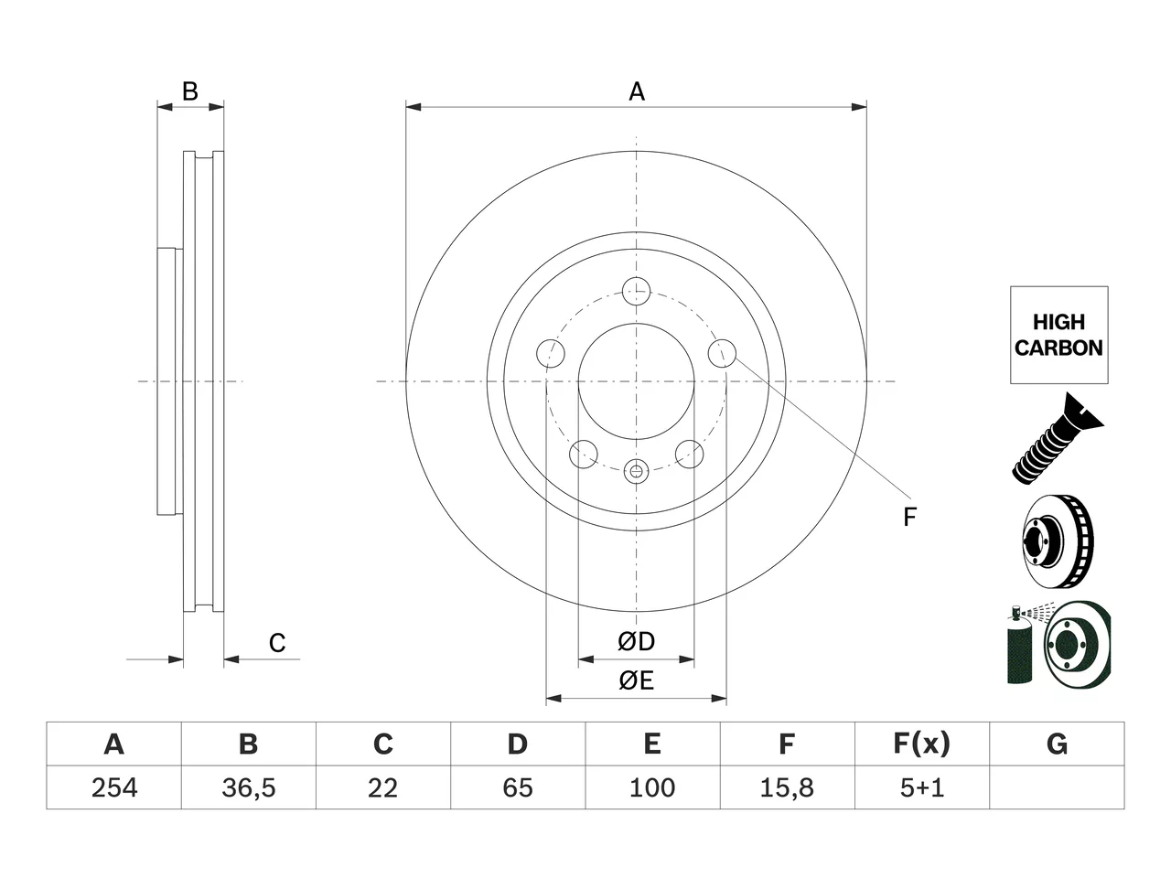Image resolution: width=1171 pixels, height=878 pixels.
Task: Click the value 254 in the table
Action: tap(114, 787)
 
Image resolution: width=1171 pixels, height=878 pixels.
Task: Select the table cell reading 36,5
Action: tap(249, 787)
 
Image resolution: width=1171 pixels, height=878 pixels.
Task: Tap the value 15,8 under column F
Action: tap(787, 787)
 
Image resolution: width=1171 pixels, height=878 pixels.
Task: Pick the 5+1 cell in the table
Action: tap(922, 787)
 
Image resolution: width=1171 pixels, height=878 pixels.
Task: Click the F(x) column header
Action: tap(922, 744)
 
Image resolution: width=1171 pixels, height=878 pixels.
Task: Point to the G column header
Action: tap(1057, 744)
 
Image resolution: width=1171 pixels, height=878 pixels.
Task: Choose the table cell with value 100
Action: tap(652, 787)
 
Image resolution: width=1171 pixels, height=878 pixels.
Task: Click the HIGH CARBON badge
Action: tap(1059, 335)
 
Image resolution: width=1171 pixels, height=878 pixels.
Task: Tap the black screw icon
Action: tap(1057, 439)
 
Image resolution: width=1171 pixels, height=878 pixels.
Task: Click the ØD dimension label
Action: tap(636, 641)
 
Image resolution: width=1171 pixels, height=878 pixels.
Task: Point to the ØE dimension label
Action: tap(636, 680)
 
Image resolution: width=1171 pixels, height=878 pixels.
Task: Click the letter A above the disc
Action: tap(637, 91)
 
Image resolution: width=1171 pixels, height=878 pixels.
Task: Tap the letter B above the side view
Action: tap(190, 91)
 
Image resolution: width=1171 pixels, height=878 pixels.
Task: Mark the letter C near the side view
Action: tap(277, 643)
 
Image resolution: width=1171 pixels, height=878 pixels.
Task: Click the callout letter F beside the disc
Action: tap(909, 517)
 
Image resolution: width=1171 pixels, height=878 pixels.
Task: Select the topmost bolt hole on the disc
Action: tap(637, 292)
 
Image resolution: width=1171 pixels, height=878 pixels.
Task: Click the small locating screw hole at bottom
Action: tap(637, 471)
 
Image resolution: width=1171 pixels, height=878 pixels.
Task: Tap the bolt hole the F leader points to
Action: tap(723, 353)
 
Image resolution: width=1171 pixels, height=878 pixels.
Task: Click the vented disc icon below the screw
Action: tap(1058, 541)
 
